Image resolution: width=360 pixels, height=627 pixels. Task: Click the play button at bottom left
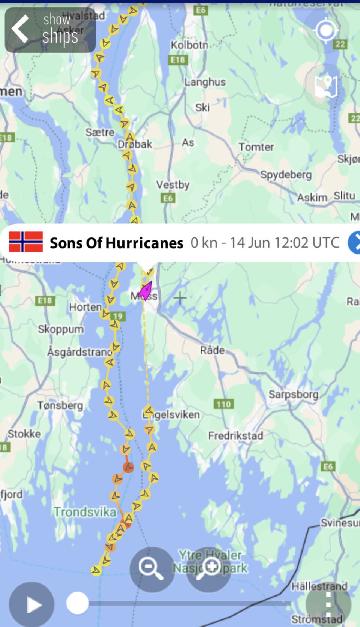(x=32, y=604)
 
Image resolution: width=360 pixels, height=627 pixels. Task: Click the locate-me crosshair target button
(x=325, y=30)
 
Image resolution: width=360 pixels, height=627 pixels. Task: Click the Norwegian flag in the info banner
(x=26, y=242)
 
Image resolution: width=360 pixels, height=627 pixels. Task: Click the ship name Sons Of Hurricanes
(x=117, y=243)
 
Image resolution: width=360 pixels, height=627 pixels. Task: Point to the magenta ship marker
(x=145, y=290)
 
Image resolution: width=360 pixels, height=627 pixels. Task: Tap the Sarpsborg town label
(x=293, y=394)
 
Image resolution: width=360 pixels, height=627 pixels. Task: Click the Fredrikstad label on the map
(x=235, y=435)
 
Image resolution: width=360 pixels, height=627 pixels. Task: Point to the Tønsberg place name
(x=60, y=405)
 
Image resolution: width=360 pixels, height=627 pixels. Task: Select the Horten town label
(x=85, y=307)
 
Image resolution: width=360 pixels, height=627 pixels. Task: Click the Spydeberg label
(x=286, y=175)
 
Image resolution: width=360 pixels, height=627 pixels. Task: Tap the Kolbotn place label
(x=189, y=45)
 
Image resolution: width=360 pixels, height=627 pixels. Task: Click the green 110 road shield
(x=223, y=404)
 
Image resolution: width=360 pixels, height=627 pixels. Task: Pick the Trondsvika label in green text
(x=85, y=512)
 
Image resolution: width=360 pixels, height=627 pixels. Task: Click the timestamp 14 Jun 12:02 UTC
(x=285, y=243)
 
